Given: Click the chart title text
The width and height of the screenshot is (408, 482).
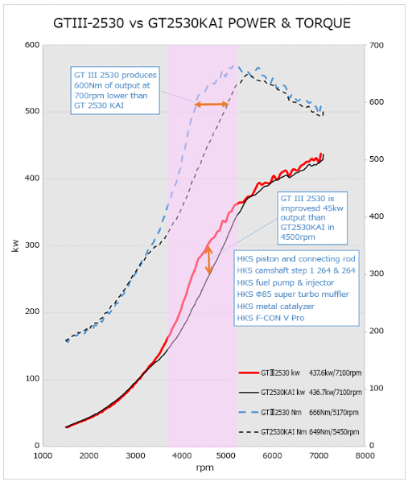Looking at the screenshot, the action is [202, 23].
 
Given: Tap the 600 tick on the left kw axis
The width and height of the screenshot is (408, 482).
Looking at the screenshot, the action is [32, 45].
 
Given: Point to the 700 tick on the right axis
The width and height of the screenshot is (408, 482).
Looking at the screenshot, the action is [377, 46].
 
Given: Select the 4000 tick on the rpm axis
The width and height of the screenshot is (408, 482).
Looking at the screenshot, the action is [182, 455].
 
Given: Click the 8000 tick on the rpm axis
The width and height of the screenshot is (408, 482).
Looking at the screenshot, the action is [365, 455].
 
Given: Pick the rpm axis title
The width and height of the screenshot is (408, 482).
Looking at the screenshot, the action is [204, 468].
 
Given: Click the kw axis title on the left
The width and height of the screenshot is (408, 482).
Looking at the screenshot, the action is [15, 246].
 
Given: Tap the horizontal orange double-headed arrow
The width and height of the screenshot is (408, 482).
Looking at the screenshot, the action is [212, 105].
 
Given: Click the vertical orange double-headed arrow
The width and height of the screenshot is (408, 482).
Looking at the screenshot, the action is [209, 260].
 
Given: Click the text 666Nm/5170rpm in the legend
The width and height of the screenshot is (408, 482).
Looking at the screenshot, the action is [334, 412].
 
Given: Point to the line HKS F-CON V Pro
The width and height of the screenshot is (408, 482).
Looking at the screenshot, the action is [270, 318].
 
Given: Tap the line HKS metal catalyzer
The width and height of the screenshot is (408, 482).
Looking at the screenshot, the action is [275, 306].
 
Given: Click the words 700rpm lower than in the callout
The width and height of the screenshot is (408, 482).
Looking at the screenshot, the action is [111, 96].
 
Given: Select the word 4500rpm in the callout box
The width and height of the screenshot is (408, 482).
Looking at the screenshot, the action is [298, 237].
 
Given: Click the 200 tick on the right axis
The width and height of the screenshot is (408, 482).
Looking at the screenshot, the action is [377, 331].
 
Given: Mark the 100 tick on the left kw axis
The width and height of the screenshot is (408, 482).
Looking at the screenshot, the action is [32, 379].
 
